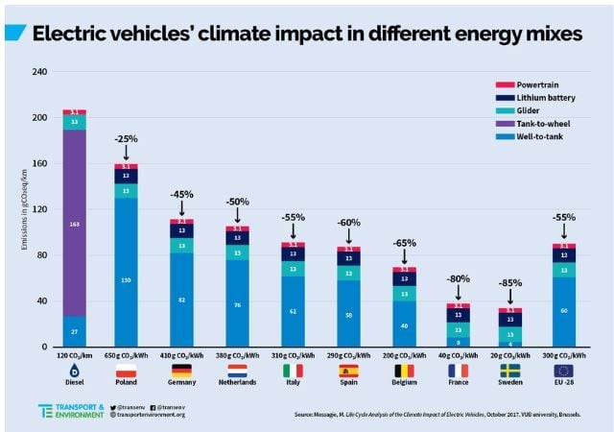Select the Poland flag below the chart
pyautogui.click(x=127, y=371)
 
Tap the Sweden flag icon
pyautogui.click(x=509, y=371)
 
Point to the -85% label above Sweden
pyautogui.click(x=509, y=284)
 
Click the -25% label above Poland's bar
pyautogui.click(x=127, y=138)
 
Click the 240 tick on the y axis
pyautogui.click(x=41, y=72)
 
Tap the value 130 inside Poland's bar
pyautogui.click(x=127, y=280)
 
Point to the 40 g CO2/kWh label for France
pyautogui.click(x=455, y=355)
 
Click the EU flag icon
pyautogui.click(x=564, y=371)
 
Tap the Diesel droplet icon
pyautogui.click(x=75, y=371)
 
